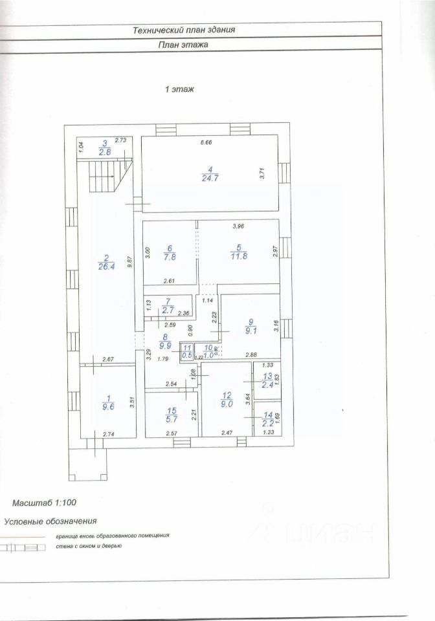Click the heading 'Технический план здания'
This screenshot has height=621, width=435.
pyautogui.click(x=184, y=30)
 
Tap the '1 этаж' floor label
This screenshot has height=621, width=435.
pyautogui.click(x=179, y=90)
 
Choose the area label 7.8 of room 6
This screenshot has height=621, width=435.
pyautogui.click(x=169, y=257)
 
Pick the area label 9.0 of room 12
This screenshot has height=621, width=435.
pyautogui.click(x=226, y=405)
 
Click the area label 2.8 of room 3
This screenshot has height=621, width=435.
pyautogui.click(x=104, y=152)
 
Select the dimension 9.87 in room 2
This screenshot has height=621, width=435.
pyautogui.click(x=130, y=261)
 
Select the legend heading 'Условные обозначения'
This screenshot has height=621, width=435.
pyautogui.click(x=50, y=521)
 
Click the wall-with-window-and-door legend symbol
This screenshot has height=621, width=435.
pyautogui.click(x=23, y=547)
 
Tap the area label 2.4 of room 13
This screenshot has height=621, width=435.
pyautogui.click(x=267, y=384)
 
